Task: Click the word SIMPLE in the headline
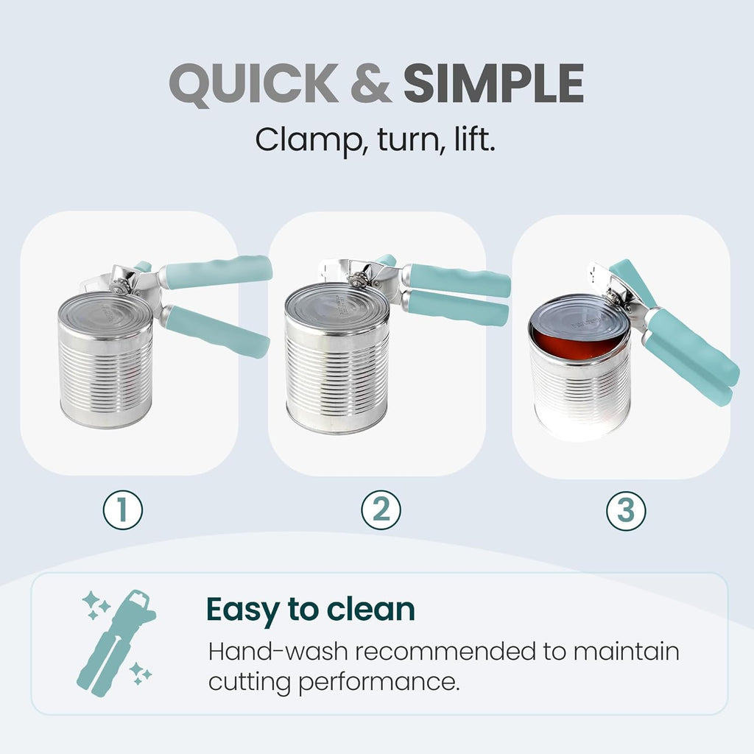[x=493, y=85]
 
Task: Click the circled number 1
[x=122, y=510]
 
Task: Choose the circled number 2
[x=381, y=510]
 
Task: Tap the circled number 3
[x=626, y=510]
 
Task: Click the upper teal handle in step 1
[x=217, y=272]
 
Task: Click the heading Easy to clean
[x=310, y=609]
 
